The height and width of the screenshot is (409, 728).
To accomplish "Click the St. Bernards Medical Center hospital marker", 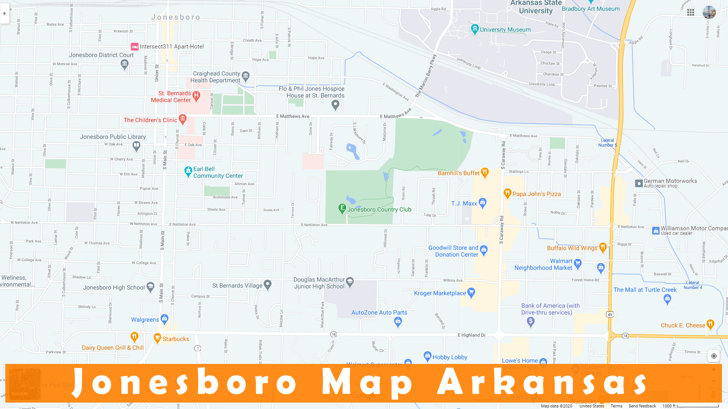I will (196, 95).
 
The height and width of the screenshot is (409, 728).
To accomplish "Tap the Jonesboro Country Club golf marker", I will (342, 208).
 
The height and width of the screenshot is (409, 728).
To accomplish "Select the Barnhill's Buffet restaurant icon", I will (485, 172).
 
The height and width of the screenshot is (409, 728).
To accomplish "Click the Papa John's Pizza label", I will (537, 194).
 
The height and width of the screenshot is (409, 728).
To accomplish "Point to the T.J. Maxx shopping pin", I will (482, 203).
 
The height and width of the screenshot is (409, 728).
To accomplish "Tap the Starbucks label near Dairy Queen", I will (176, 339).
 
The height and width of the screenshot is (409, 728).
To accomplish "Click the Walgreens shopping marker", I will (165, 318).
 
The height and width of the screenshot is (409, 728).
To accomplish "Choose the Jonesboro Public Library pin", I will (136, 145).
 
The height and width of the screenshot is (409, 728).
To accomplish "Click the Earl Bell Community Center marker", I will (188, 171).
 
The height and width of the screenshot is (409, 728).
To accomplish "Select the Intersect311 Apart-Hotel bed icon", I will (135, 47).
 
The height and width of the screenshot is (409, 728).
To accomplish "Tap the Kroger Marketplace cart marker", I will (471, 292).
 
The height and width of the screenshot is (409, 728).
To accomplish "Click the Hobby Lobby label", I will (450, 357).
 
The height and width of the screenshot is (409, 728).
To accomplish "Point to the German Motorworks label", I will (670, 181).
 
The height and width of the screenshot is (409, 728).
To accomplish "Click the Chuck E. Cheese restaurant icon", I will (710, 324).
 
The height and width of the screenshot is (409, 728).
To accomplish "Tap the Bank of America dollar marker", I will (531, 322).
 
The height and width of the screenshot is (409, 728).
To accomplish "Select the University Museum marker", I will (475, 29).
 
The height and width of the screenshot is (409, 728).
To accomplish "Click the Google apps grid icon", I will (690, 12).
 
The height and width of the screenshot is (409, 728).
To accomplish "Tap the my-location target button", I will (714, 356).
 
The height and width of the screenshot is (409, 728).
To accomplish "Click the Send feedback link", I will (642, 406).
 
